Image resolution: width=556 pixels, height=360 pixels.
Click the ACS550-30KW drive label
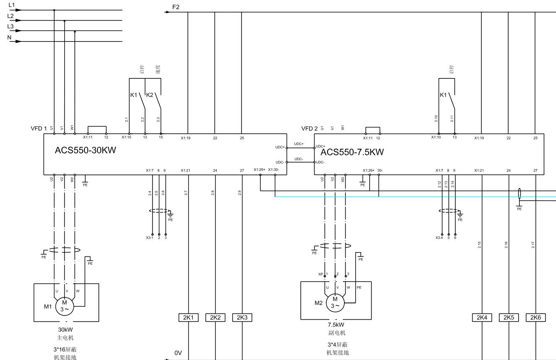tap(85, 151)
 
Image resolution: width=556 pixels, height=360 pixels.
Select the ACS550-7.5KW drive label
tap(352, 152)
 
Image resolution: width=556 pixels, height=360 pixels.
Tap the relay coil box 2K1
tap(189, 318)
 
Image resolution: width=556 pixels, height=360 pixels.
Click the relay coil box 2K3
tap(242, 318)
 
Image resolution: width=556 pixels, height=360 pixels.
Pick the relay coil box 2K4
tap(482, 318)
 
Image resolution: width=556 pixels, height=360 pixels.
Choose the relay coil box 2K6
tap(535, 318)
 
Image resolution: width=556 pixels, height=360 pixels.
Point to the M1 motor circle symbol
tap(64, 305)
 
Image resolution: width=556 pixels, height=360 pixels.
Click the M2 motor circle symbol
tap(335, 302)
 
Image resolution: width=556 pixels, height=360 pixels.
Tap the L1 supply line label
tap(11, 5)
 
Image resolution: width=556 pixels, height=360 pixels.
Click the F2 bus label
tap(176, 7)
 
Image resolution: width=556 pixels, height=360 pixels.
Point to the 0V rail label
tap(178, 353)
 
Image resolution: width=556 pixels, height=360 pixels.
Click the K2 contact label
tap(149, 95)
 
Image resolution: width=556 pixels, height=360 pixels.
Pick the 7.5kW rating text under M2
tap(336, 325)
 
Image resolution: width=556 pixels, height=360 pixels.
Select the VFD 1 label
tap(38, 128)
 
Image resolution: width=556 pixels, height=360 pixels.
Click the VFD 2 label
tap(309, 128)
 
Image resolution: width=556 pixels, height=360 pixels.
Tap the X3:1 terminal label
tap(149, 237)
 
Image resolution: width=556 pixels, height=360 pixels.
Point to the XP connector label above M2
tap(320, 274)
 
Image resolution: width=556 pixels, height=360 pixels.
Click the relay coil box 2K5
tap(509, 318)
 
